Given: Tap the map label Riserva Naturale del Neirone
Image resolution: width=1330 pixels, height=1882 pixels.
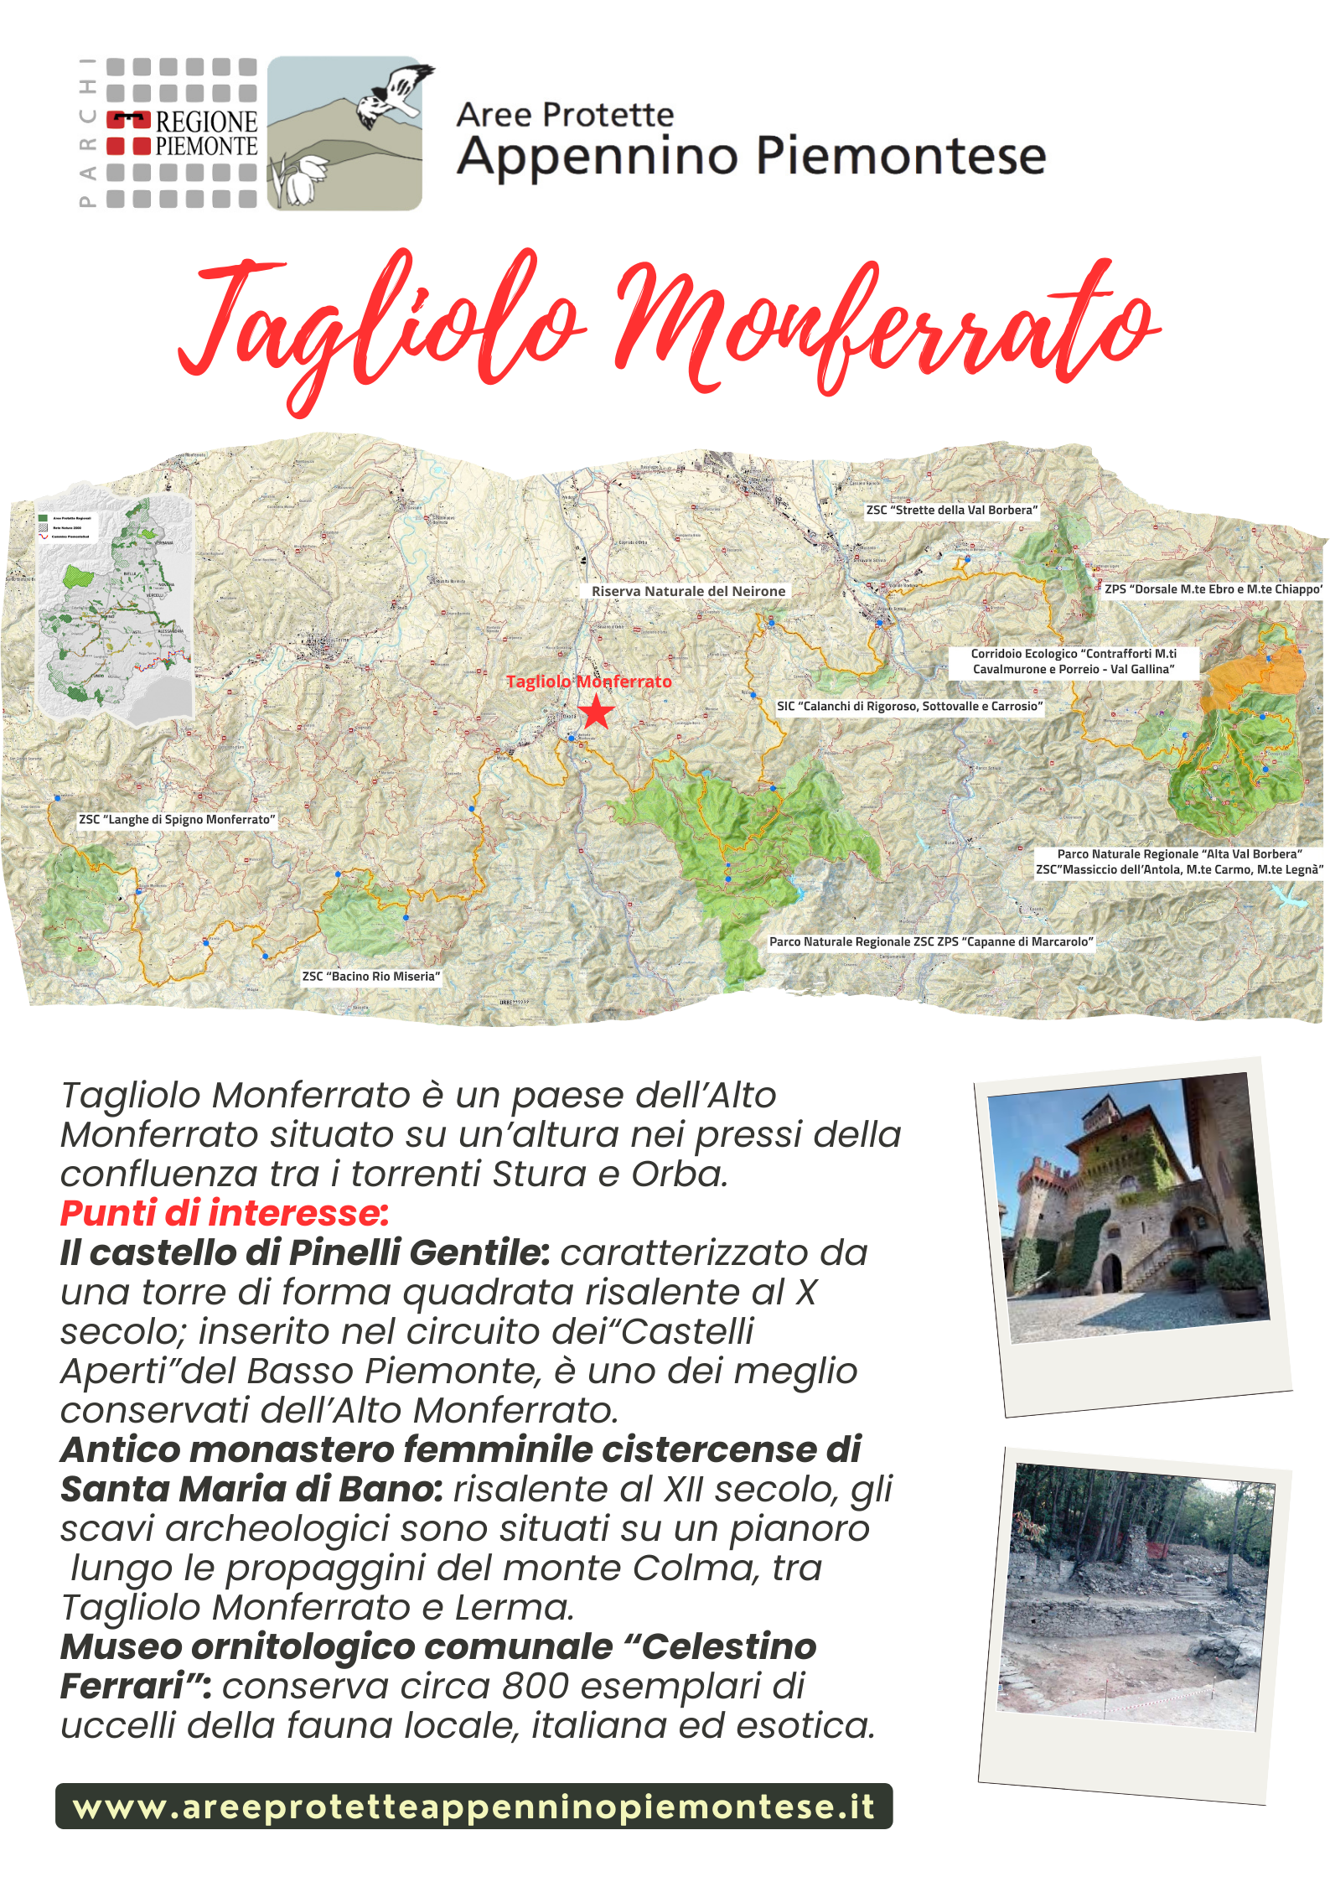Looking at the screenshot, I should click(x=688, y=591).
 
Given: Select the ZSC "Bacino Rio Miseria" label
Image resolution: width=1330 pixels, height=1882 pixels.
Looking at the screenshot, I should click(x=370, y=976).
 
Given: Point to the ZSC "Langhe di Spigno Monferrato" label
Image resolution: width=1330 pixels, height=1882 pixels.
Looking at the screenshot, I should click(x=177, y=819).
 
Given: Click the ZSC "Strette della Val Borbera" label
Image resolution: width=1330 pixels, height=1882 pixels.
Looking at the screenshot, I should click(x=951, y=510).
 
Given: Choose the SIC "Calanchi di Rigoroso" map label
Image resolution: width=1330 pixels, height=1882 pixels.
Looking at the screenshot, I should click(x=909, y=706).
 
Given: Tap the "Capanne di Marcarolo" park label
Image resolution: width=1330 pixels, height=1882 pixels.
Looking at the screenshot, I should click(x=931, y=941).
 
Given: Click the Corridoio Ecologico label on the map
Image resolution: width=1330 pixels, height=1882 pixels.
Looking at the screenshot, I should click(x=1074, y=661).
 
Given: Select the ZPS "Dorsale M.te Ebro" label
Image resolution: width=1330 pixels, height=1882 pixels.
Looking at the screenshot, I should click(x=1213, y=589).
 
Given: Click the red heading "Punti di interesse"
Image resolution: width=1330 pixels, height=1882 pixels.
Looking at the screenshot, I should click(x=225, y=1213).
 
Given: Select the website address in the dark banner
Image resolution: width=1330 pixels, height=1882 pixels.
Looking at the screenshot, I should click(x=474, y=1806).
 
